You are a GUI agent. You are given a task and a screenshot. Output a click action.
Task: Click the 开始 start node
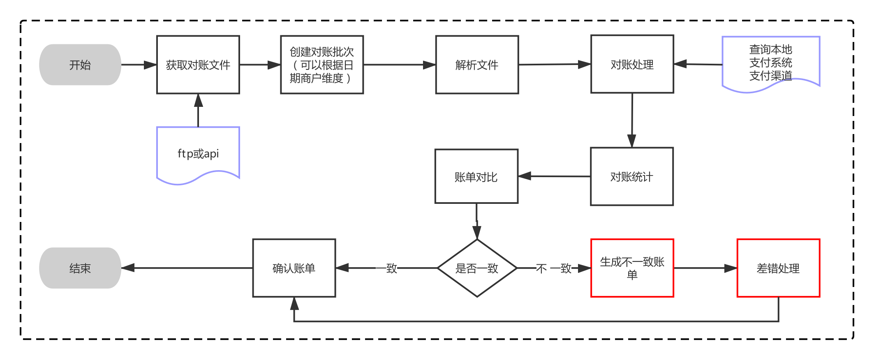click(80, 65)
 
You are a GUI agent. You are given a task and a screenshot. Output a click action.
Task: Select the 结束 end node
click(80, 268)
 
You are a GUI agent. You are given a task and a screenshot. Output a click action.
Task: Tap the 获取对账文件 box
click(198, 65)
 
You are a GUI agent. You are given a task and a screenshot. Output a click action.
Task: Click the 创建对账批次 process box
click(322, 65)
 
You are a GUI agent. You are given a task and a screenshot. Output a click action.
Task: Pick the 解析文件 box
click(477, 65)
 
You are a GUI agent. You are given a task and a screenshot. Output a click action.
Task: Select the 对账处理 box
click(632, 64)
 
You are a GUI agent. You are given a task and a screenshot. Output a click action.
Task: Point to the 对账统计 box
click(631, 177)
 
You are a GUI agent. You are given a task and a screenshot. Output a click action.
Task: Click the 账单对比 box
click(476, 177)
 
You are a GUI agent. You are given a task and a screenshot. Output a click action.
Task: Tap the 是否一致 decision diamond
click(477, 268)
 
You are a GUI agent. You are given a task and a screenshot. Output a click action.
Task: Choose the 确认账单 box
click(294, 268)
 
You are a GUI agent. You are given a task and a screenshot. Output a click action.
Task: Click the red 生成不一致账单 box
click(632, 268)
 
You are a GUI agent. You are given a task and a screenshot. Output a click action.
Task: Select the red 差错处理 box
click(778, 268)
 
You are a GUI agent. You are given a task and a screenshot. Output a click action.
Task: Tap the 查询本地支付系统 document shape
click(771, 63)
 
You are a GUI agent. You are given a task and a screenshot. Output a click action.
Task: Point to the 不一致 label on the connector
click(554, 268)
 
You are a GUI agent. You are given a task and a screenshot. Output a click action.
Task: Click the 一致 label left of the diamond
click(387, 268)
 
